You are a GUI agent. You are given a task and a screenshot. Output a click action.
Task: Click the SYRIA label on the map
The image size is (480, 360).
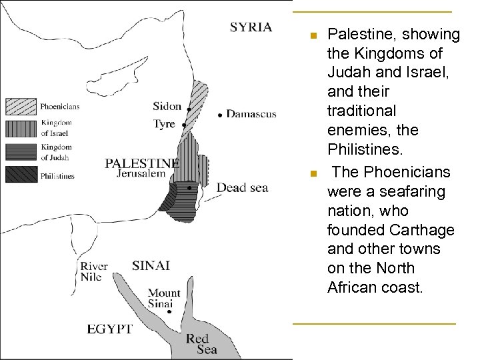pos(251,27)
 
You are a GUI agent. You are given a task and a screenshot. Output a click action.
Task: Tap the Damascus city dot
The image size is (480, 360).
pos(221,115)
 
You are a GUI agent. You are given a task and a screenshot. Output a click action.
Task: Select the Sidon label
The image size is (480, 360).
pos(167,106)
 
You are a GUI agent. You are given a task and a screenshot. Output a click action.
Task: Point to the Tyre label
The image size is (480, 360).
pos(164,124)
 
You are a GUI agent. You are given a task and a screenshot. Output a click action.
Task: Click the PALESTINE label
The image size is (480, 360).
pos(142,163)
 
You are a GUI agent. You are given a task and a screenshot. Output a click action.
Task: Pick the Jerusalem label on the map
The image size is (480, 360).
pos(141,173)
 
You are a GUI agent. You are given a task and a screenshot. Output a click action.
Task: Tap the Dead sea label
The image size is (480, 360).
pos(242,187)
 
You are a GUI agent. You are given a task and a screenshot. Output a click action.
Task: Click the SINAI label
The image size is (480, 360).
pos(151,265)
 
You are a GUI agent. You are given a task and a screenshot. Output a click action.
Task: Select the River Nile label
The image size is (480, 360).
pos(94,271)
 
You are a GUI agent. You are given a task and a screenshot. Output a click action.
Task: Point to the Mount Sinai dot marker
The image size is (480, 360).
pos(169,311)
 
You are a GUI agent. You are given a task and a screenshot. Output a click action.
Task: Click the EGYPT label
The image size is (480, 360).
pos(110,329)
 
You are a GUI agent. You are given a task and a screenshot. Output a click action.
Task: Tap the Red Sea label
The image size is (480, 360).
pos(202,344)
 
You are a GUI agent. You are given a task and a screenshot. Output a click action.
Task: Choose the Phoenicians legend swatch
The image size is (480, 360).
pos(21,106)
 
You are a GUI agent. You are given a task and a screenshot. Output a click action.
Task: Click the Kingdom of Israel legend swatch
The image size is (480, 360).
pos(21,128)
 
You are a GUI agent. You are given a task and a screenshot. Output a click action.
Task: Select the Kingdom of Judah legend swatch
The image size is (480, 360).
pos(21,152)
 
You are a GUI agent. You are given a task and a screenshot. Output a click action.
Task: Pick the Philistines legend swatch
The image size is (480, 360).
pos(21,175)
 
